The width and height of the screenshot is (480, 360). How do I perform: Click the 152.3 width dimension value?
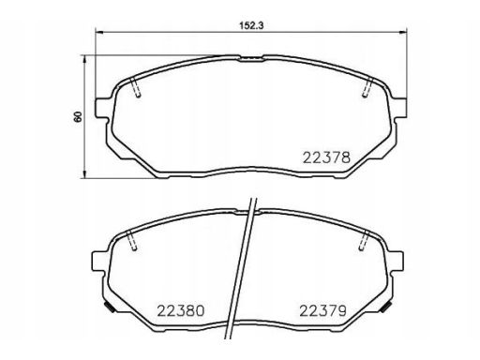251,25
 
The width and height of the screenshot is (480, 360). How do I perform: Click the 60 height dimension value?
78,116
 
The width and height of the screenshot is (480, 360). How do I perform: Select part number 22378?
327,157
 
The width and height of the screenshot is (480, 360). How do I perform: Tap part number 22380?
181,311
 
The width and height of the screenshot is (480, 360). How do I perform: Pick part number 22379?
323,311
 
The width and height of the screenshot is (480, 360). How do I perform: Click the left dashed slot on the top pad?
135,87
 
